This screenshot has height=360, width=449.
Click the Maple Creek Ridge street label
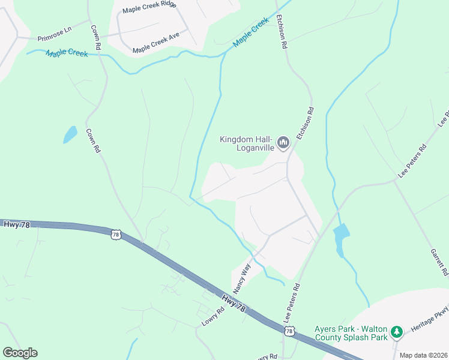(x=149, y=10)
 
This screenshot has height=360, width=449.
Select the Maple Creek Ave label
(x=156, y=50)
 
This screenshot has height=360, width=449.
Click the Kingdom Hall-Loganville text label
(x=247, y=143)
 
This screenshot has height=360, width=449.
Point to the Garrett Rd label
(x=439, y=262)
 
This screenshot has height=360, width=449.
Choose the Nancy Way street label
(x=241, y=277)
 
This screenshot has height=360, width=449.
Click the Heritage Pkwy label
(x=430, y=323)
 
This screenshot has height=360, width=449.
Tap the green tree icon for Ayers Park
(x=396, y=332)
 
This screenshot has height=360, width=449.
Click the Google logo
(x=20, y=353)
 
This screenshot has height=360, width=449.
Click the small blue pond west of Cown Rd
(x=70, y=134)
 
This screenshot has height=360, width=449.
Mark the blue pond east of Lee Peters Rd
(x=341, y=237)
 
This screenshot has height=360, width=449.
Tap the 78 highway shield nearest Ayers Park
(x=290, y=331)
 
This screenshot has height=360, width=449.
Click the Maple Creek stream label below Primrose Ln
(x=66, y=53)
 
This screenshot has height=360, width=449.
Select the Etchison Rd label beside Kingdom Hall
(x=305, y=124)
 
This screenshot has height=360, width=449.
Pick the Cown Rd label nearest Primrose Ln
(x=95, y=37)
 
